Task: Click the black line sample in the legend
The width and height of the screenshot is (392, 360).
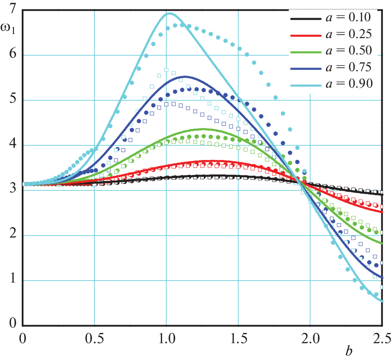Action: point(305,18)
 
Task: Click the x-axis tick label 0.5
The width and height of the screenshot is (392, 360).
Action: point(94,340)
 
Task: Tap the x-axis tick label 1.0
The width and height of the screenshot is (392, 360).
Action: point(166,340)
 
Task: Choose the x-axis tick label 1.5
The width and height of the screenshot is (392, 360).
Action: point(238,340)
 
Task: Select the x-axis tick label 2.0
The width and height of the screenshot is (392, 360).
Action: point(310,340)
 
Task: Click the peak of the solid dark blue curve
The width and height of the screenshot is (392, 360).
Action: point(185,76)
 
